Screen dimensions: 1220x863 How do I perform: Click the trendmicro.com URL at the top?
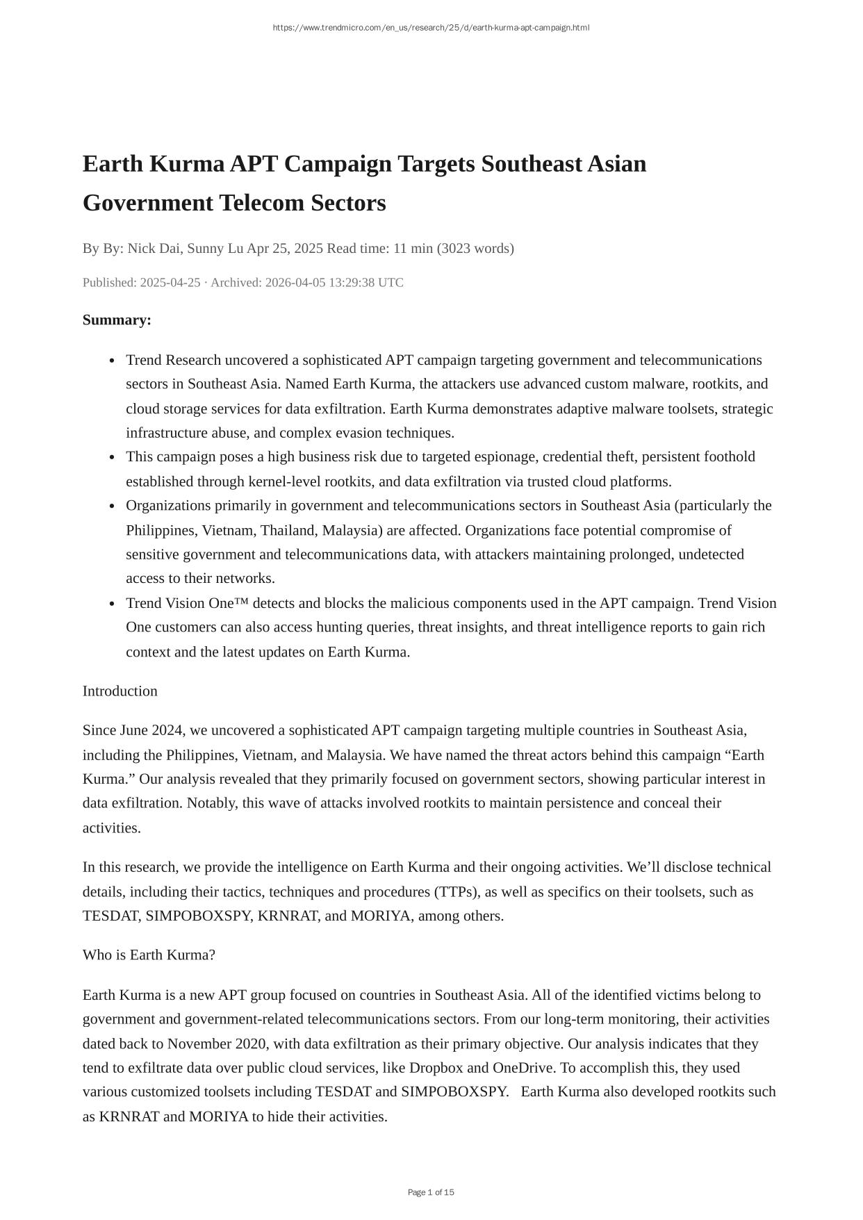point(431,28)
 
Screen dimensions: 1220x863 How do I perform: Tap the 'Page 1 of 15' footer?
point(431,1192)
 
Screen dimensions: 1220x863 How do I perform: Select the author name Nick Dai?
point(154,248)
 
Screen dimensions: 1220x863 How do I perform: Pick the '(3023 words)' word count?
point(475,248)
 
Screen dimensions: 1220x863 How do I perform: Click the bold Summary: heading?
point(117,320)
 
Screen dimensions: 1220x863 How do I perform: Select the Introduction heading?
point(120,691)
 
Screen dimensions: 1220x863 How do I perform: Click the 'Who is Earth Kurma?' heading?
point(149,955)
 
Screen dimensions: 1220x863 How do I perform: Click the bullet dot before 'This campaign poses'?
point(112,457)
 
